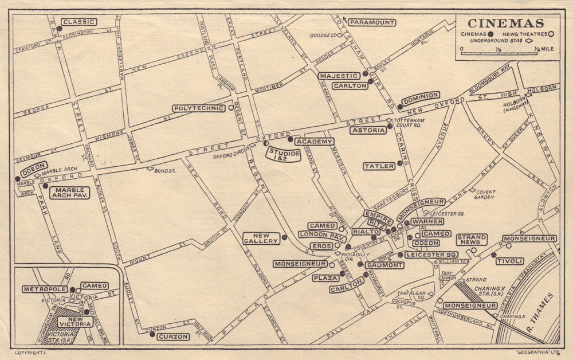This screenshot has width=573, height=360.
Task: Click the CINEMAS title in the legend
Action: click(x=505, y=24)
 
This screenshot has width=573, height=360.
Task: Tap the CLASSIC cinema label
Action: click(x=79, y=22)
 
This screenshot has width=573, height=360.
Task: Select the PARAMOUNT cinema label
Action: click(x=372, y=22)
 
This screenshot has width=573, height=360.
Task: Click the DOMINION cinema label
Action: click(x=421, y=95)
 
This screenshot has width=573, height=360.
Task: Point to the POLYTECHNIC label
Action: click(x=198, y=108)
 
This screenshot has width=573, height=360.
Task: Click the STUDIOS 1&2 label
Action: click(x=283, y=154)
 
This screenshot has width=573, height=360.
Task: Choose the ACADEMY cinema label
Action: click(x=315, y=141)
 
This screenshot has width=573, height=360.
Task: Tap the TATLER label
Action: click(x=379, y=166)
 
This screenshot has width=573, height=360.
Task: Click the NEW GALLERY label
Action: click(x=261, y=237)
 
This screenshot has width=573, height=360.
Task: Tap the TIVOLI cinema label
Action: click(x=509, y=261)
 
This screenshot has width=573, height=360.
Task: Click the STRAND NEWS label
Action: click(x=472, y=239)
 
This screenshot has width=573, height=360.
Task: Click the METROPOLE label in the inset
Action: click(x=45, y=289)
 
